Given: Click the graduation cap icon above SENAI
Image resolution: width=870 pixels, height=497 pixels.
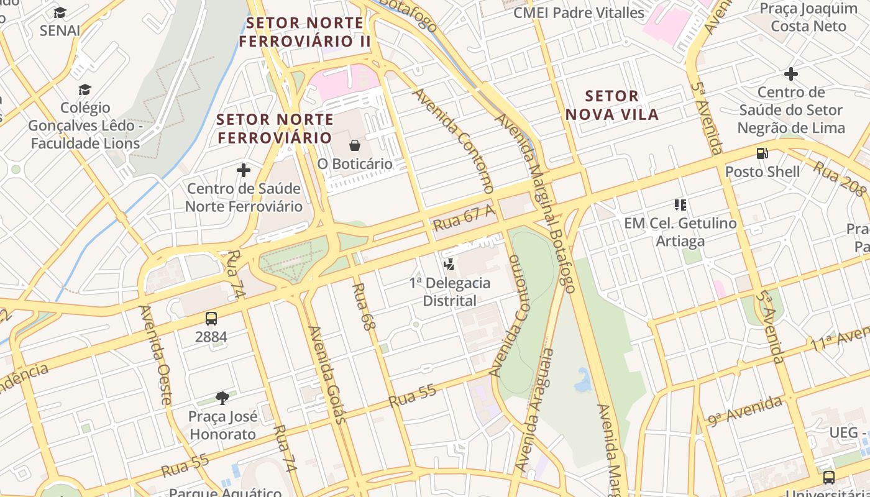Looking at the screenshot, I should (60, 12).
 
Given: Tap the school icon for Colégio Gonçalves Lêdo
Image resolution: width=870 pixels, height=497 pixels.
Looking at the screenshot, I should (85, 90).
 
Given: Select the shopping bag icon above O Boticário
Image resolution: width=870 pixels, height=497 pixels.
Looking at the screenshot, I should (355, 145).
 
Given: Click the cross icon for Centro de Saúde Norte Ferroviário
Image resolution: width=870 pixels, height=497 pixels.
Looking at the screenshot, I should (244, 170).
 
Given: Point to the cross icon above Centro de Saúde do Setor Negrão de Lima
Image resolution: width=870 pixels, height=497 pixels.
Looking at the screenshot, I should (790, 74).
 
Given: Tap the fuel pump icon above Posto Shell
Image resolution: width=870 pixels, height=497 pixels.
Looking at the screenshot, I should (762, 153).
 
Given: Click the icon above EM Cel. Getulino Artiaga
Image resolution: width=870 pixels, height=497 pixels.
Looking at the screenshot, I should (680, 204).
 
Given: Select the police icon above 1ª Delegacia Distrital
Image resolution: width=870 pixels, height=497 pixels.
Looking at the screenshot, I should (449, 265).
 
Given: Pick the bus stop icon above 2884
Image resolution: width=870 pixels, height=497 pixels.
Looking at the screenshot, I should (211, 319).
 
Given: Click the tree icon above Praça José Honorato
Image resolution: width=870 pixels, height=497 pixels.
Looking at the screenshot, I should (222, 398).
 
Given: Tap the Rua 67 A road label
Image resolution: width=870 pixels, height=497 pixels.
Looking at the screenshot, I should (464, 217).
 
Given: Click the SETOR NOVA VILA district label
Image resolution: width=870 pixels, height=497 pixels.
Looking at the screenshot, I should (612, 105).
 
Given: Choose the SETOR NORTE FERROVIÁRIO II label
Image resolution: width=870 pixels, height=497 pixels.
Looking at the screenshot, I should (304, 32).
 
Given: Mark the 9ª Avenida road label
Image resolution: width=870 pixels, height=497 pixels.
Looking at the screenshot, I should (744, 411).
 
